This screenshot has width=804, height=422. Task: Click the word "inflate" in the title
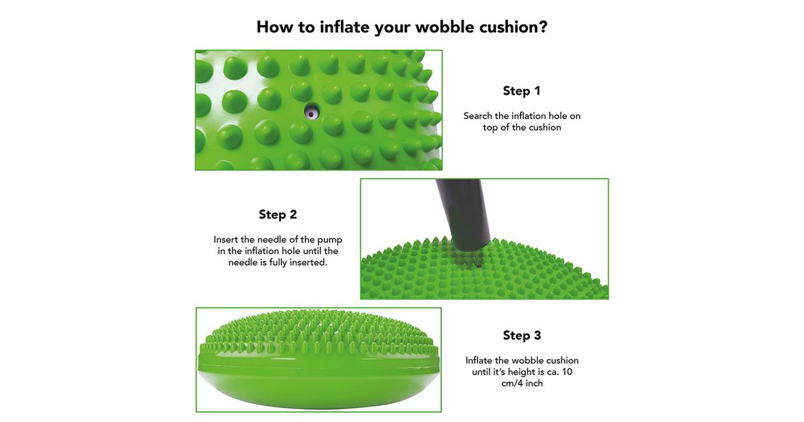(344, 27)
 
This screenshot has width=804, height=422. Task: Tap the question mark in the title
(543, 27)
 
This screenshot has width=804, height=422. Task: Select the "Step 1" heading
(521, 91)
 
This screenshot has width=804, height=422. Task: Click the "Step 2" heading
(278, 214)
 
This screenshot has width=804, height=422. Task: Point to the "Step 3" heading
(521, 336)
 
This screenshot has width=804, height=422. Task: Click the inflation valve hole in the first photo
(312, 112)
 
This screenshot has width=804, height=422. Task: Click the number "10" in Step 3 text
(567, 372)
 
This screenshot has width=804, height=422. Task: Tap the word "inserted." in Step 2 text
(308, 263)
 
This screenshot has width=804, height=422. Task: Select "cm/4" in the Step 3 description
(512, 383)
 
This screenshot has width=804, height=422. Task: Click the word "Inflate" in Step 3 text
(479, 360)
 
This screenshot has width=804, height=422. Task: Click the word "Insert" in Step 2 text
(226, 240)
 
